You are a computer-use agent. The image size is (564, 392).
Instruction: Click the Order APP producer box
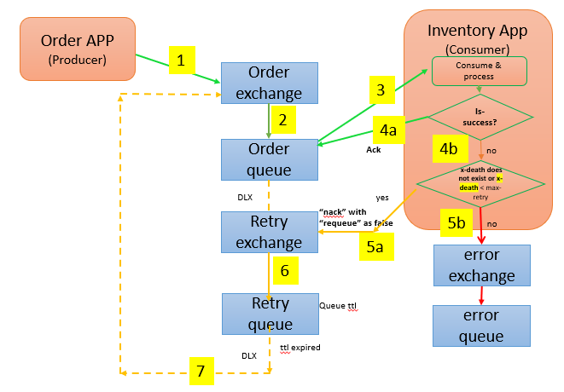78,49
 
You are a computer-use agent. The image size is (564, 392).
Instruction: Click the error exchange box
482,265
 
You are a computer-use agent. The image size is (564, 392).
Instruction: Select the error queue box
482,326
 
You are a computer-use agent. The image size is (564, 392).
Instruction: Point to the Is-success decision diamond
480,116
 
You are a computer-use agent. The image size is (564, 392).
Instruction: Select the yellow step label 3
381,89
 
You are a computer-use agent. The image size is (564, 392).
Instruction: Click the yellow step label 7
201,372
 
